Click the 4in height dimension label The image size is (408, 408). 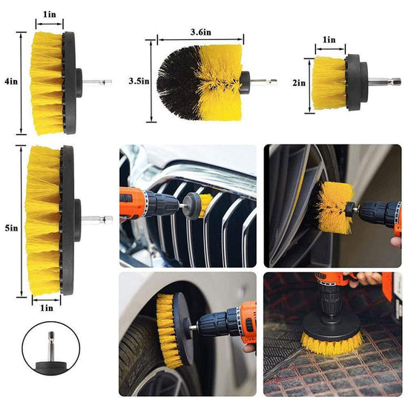point(10,83)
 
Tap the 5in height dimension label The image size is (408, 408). point(10,228)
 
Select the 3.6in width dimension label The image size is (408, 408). point(200,32)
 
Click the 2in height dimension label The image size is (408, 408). point(298,84)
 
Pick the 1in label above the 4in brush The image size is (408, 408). point(48,14)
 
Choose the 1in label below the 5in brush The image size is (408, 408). point(47,307)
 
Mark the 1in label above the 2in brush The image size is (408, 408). point(328,39)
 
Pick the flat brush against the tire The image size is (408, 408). point(170,319)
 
